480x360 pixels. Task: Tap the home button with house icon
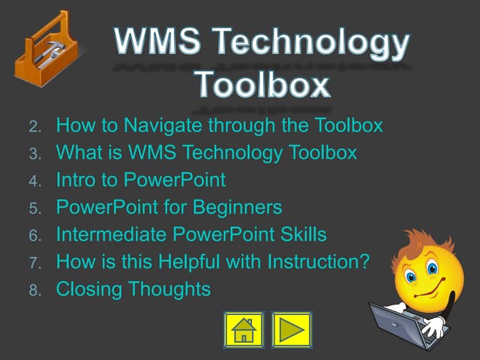click(x=244, y=330)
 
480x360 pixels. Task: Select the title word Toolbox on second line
click(x=262, y=85)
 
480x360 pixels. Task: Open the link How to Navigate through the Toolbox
click(x=219, y=125)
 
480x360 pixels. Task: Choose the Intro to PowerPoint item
click(x=140, y=180)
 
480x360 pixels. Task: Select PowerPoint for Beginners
click(x=169, y=207)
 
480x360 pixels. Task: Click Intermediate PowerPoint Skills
click(x=191, y=235)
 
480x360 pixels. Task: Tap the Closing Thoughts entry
click(x=133, y=289)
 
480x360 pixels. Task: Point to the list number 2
click(x=34, y=126)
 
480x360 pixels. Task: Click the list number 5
click(x=34, y=208)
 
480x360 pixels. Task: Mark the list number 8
click(x=34, y=289)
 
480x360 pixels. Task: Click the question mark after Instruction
click(x=364, y=262)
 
